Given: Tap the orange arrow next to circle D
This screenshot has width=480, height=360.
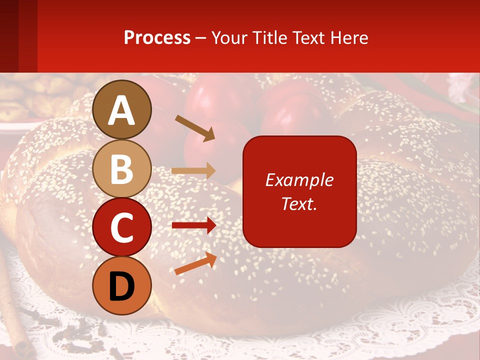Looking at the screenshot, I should (x=195, y=264).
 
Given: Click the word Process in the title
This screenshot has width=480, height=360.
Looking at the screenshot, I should (x=157, y=38).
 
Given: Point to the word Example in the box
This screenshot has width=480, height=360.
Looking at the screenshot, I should (x=299, y=180).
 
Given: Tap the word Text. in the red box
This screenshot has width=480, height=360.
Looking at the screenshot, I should (x=299, y=203).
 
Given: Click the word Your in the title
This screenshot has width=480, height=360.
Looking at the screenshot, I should (x=228, y=38).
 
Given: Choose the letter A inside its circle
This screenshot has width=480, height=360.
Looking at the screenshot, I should (x=122, y=110).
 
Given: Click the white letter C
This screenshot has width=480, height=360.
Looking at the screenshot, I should (x=122, y=228).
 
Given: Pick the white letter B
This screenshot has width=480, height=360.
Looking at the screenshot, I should (x=122, y=169).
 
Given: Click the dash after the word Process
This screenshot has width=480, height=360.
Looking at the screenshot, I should (x=200, y=38).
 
